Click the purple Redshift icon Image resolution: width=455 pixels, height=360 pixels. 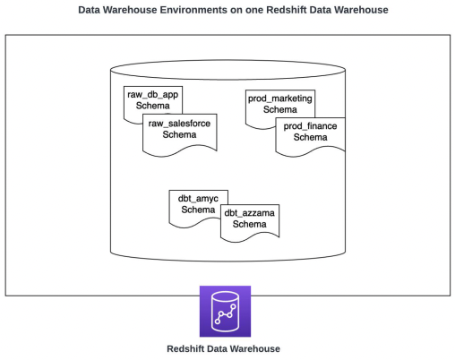[x=225, y=311]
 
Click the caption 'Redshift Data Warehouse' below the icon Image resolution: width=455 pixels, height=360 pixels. [x=224, y=348]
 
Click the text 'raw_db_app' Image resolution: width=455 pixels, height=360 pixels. [x=152, y=93]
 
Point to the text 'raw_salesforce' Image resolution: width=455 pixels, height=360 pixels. [x=179, y=123]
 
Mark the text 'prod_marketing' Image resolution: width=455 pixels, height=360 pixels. [x=280, y=97]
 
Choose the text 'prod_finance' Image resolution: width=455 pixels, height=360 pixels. [x=310, y=126]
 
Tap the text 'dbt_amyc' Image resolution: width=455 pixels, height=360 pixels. [x=193, y=197]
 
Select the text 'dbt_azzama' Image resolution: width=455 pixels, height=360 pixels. [x=250, y=212]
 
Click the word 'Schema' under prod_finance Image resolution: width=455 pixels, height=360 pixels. [x=310, y=138]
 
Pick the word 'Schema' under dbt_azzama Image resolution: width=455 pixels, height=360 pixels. [x=250, y=224]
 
